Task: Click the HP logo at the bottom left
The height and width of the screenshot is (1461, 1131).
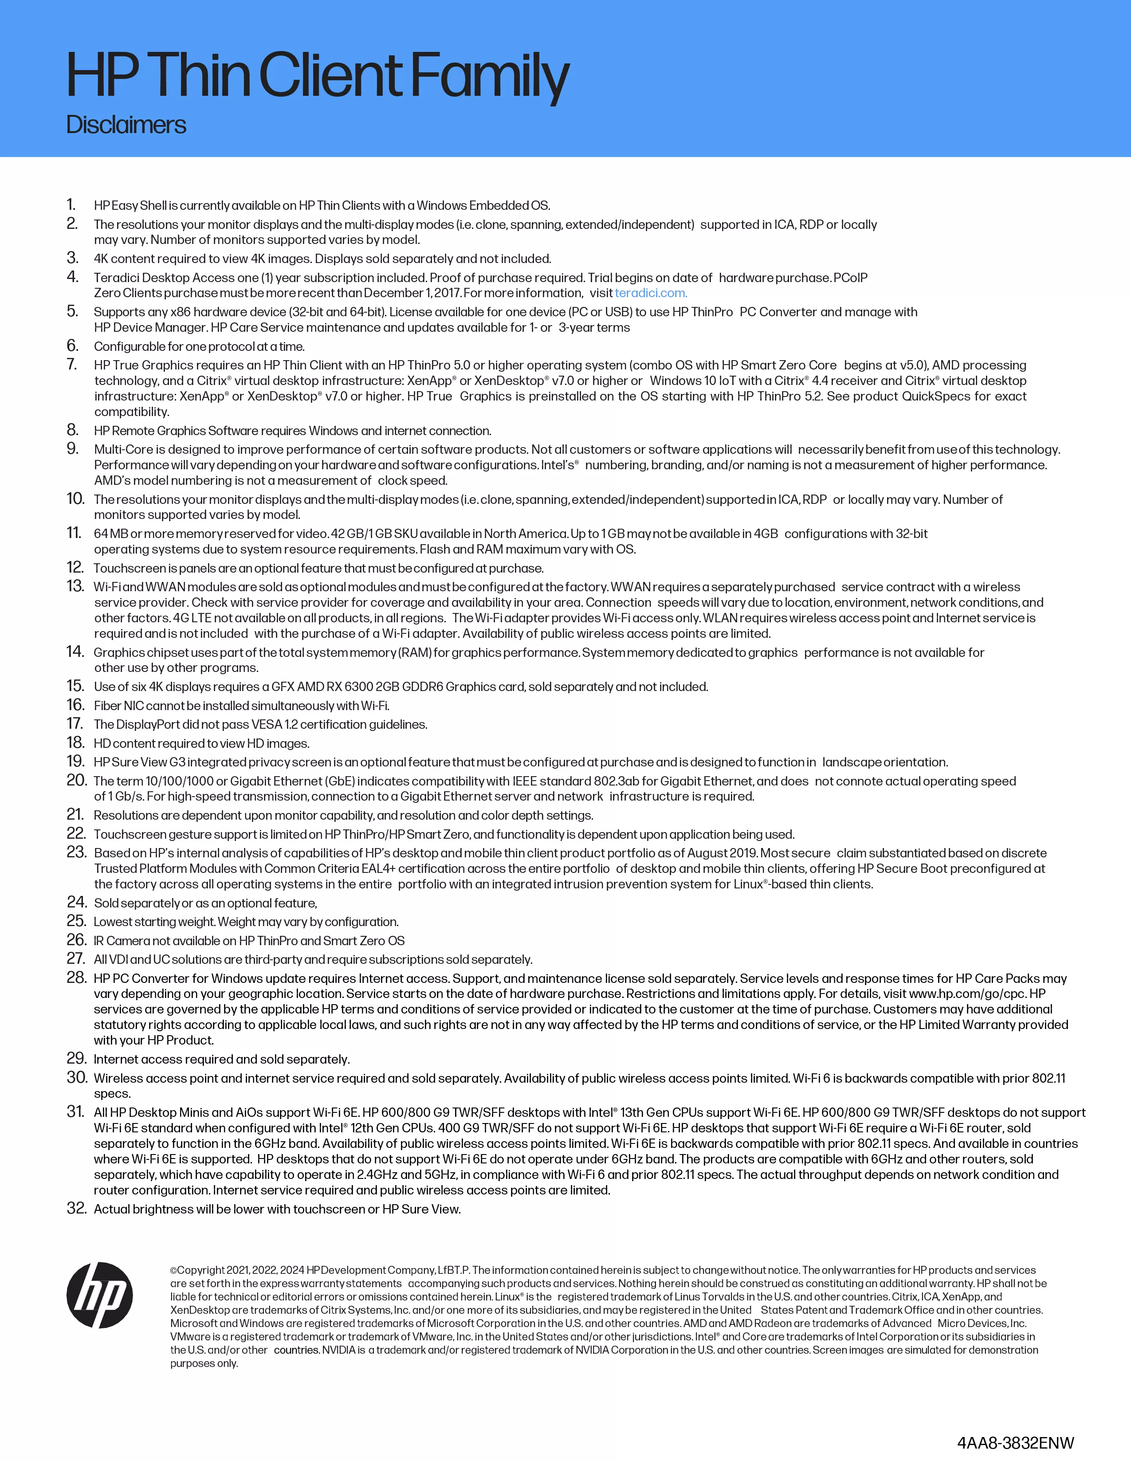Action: coord(100,1295)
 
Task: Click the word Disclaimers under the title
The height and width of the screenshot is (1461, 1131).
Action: coord(126,125)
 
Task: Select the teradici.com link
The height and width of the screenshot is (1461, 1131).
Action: coord(650,293)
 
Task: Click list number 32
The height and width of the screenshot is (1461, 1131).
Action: coord(76,1208)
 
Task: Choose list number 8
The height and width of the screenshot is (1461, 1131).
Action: coord(73,430)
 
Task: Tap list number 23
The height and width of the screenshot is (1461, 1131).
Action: coord(76,852)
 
